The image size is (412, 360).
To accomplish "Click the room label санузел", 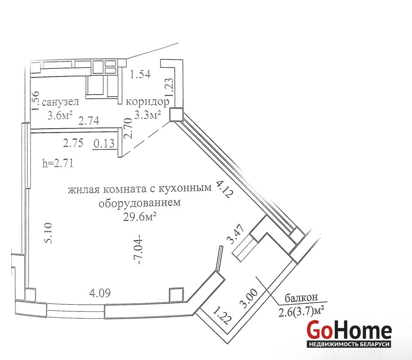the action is (60, 102).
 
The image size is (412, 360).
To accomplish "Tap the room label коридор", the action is (148, 102).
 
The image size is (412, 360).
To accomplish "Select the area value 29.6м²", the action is (140, 217).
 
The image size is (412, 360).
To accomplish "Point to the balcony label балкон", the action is (301, 297).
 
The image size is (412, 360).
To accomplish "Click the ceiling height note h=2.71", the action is (58, 163).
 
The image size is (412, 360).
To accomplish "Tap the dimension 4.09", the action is (100, 293).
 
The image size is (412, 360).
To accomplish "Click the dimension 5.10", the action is (49, 233).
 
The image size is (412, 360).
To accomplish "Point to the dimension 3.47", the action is (237, 234).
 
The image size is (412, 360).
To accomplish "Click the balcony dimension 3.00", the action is (249, 298).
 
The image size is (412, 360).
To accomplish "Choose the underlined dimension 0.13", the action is (104, 144).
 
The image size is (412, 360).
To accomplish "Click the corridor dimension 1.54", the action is (141, 74).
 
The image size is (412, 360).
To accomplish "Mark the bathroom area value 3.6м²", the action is (60, 115).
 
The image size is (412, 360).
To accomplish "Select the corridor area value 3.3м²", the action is (148, 115).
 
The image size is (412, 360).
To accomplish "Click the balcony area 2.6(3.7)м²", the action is (301, 312).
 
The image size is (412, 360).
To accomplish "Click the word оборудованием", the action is (139, 203).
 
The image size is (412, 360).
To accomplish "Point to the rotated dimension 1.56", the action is (35, 100).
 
